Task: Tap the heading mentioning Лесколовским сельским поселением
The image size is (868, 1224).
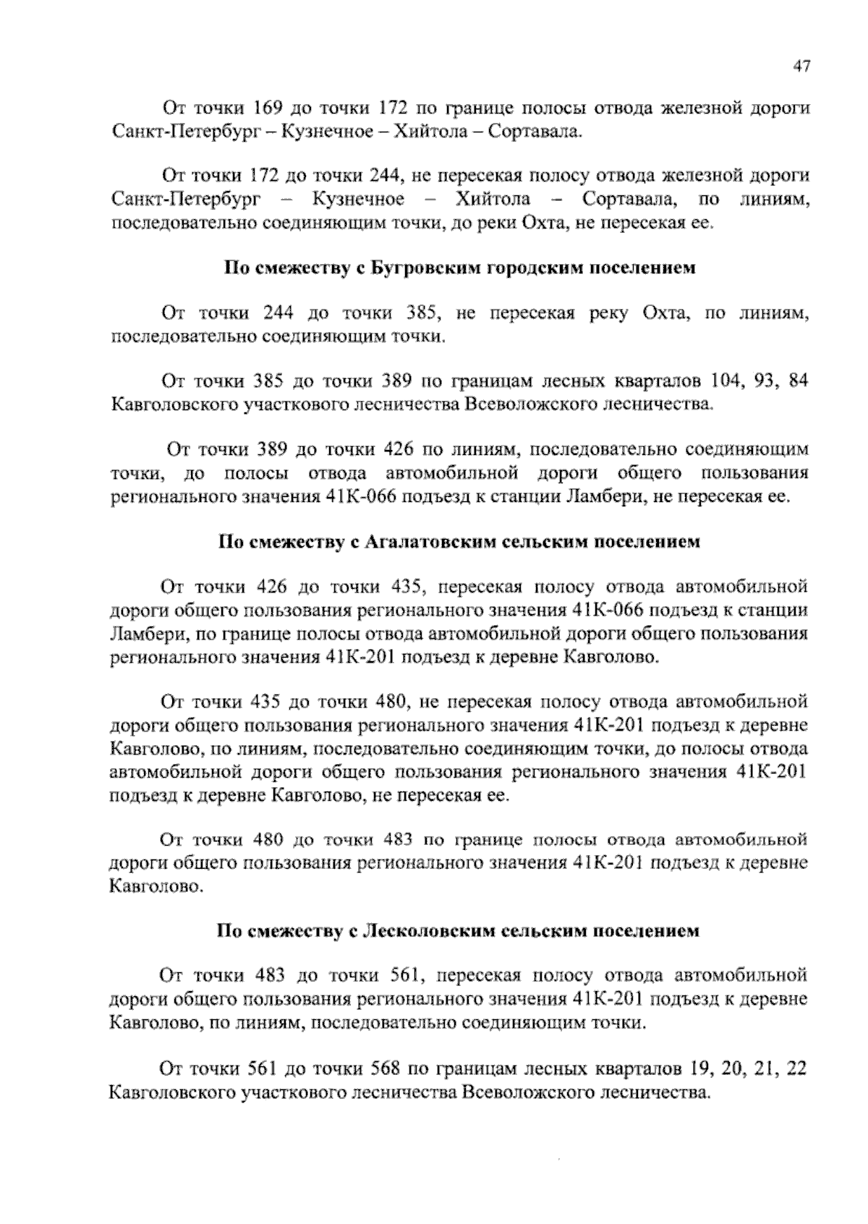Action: click(x=459, y=931)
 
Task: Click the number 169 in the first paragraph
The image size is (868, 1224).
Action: click(x=265, y=109)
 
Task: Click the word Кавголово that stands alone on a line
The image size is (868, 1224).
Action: click(x=153, y=885)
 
